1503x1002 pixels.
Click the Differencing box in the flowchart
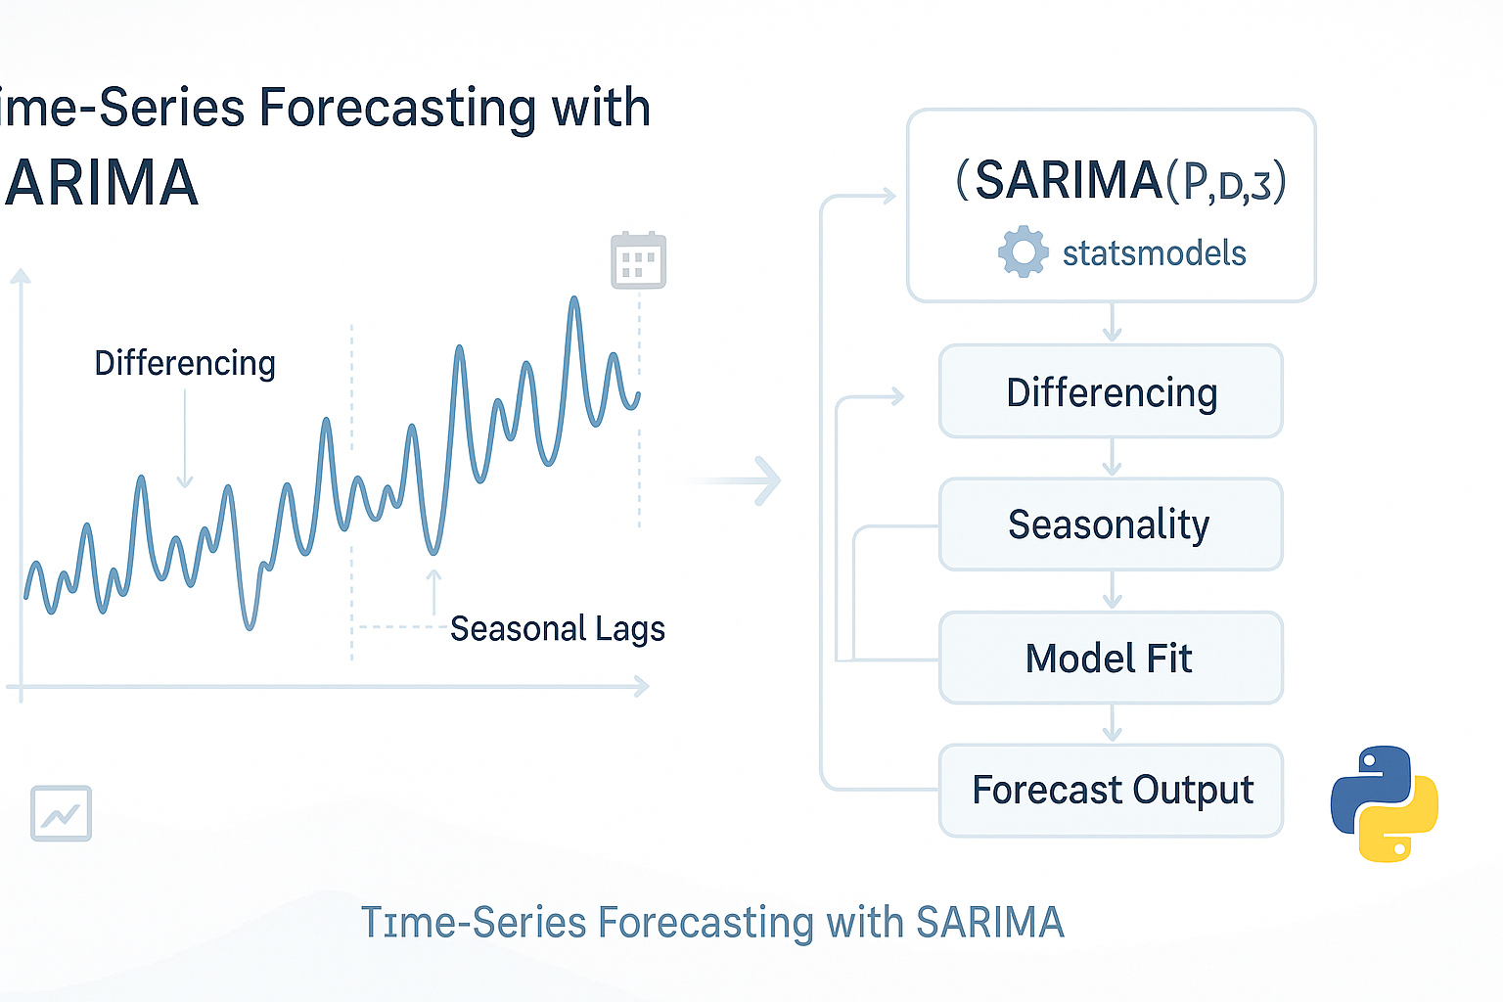coord(1111,391)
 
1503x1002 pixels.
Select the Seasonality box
coord(1111,524)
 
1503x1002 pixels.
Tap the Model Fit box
coord(1111,658)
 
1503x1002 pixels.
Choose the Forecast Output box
coord(1111,791)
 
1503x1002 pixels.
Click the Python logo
coord(1384,803)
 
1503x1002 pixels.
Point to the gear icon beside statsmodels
coord(1023,251)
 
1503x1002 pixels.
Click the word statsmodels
coord(1154,253)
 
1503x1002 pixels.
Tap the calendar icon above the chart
coord(638,260)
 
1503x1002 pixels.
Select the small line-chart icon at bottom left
coord(61,813)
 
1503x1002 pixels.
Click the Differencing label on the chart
coord(185,363)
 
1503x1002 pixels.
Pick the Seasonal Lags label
coord(557,628)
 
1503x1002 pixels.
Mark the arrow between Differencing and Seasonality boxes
coord(1112,458)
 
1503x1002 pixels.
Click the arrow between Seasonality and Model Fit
coord(1112,591)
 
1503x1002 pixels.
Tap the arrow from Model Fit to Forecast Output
coord(1112,724)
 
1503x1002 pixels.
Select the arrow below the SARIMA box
coord(1112,323)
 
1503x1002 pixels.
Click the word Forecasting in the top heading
coord(398,109)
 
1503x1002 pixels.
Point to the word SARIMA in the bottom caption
coord(989,923)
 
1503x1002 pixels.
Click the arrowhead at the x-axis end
coord(641,687)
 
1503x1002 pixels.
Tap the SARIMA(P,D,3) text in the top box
coord(1120,181)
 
